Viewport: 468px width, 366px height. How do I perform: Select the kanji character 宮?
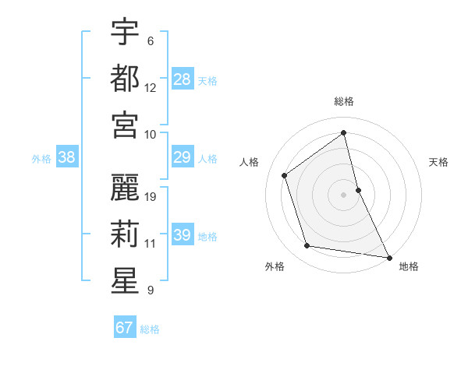coord(125,125)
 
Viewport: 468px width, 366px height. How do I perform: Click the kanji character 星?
coord(125,280)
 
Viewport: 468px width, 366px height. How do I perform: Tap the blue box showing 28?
coord(182,79)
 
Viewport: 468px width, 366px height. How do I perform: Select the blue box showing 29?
coord(182,157)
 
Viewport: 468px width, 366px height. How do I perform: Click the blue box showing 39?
coord(182,235)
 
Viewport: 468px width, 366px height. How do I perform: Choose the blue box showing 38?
coord(67,157)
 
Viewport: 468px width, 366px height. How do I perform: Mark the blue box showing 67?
coord(125,328)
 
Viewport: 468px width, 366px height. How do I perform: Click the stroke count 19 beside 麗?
coord(151,196)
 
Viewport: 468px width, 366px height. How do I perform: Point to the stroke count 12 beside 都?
coord(151,87)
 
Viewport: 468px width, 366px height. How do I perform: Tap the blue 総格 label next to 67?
coord(150,329)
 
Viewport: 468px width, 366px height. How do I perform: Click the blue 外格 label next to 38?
coord(41,159)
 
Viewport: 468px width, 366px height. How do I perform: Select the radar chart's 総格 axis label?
coord(344,101)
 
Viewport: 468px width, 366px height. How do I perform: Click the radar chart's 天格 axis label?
coord(439,162)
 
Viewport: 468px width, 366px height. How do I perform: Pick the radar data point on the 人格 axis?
coord(285,175)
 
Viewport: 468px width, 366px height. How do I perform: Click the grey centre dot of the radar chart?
coord(344,194)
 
